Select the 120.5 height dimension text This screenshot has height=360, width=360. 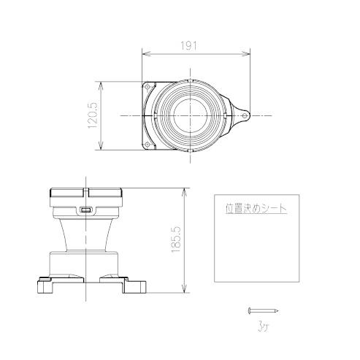coord(93,115)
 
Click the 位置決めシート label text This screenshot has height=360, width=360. coord(256,207)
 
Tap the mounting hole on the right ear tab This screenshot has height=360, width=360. coord(243,115)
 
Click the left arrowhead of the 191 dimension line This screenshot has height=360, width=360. coord(144,53)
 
